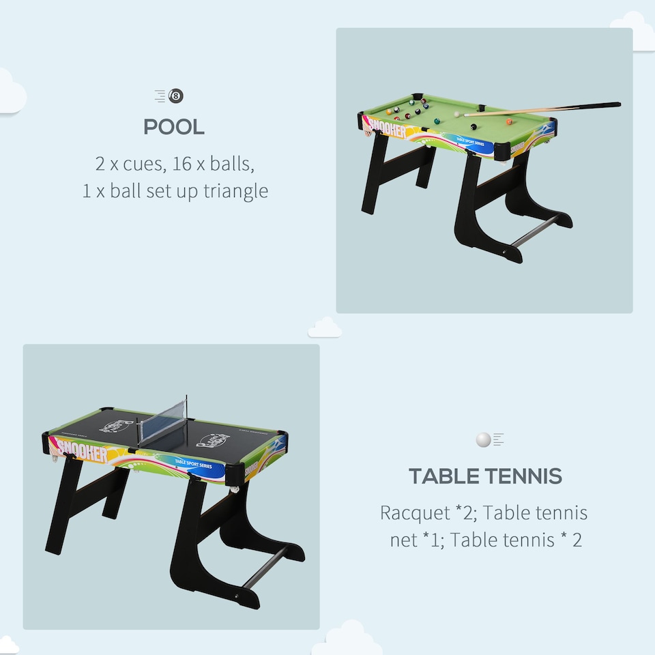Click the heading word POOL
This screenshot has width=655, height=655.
coord(174,127)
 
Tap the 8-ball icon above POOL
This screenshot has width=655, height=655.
coord(176,96)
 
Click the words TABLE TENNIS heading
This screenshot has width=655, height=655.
coord(485,476)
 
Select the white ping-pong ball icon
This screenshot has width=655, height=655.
coord(483,440)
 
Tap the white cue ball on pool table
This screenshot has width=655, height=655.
coord(456,115)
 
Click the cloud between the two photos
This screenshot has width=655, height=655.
coord(325,329)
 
